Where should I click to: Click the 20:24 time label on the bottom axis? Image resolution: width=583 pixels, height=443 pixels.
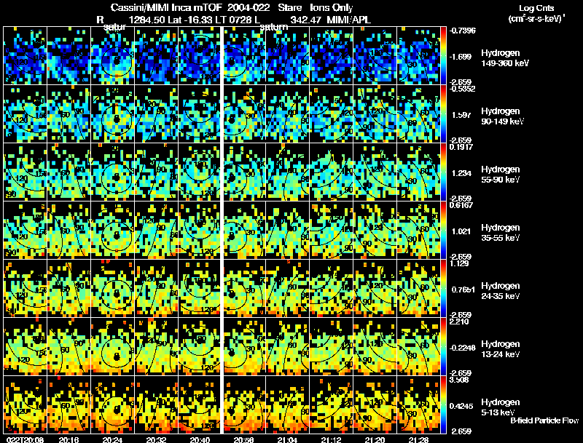[113, 439]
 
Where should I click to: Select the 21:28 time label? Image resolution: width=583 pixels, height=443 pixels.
[419, 439]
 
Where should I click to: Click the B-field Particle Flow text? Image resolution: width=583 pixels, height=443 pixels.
[544, 420]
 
